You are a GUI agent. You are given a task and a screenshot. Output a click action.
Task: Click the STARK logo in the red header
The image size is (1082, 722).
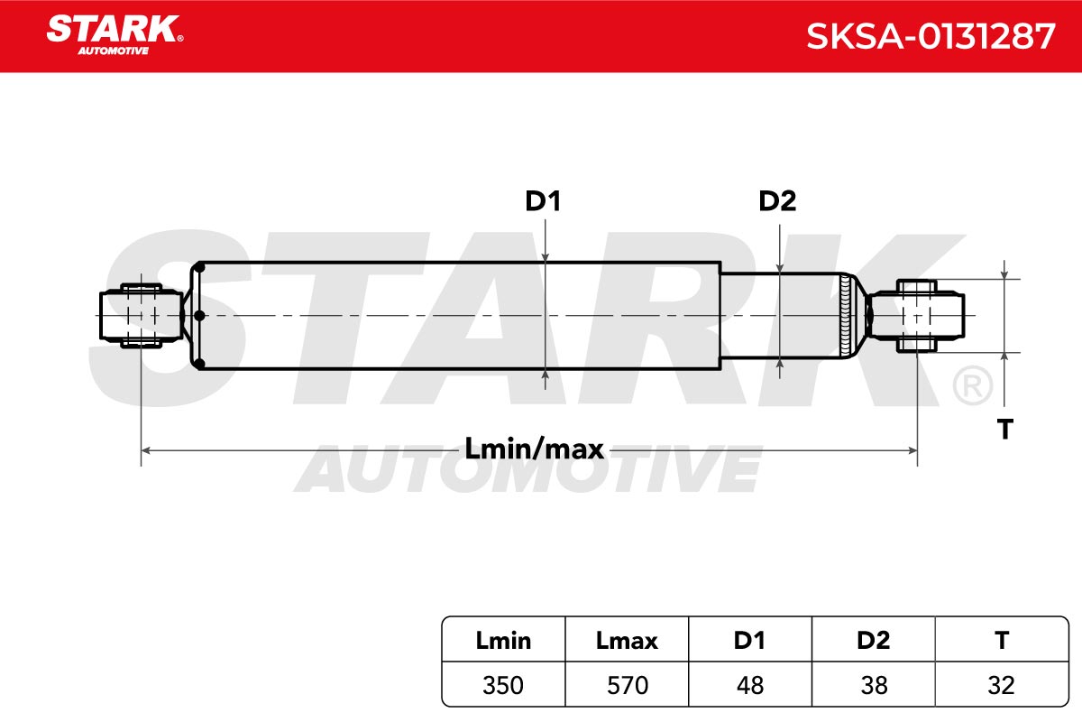(115, 35)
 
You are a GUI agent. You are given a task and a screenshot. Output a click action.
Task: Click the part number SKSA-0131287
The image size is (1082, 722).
(931, 37)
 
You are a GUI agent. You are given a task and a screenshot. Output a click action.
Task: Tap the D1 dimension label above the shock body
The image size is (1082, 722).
(543, 201)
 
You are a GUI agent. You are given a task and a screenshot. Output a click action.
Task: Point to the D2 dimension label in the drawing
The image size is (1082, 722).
(777, 201)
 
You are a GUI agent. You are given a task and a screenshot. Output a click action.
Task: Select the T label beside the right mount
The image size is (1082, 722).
(1005, 429)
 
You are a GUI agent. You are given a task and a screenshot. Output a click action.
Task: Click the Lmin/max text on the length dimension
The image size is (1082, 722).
(534, 449)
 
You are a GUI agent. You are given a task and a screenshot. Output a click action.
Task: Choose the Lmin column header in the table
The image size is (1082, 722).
(503, 641)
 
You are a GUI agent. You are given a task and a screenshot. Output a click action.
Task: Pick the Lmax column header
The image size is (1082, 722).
(627, 641)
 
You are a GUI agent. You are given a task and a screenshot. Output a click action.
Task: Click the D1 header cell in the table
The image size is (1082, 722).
(749, 641)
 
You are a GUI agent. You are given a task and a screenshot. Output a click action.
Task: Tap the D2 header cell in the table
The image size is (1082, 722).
(874, 641)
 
